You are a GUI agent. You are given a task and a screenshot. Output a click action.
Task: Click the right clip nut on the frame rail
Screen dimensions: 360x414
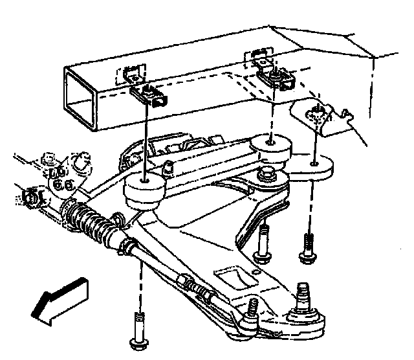[x=276, y=78]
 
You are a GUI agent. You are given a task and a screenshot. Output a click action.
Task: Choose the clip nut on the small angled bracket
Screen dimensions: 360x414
[x=316, y=115]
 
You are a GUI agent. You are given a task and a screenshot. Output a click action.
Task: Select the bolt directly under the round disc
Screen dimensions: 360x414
[x=308, y=247]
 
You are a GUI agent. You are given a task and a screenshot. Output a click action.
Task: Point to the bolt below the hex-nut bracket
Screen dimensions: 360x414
[x=262, y=243]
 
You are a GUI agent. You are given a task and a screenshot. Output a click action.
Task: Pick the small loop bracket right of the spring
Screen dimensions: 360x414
[x=118, y=219]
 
